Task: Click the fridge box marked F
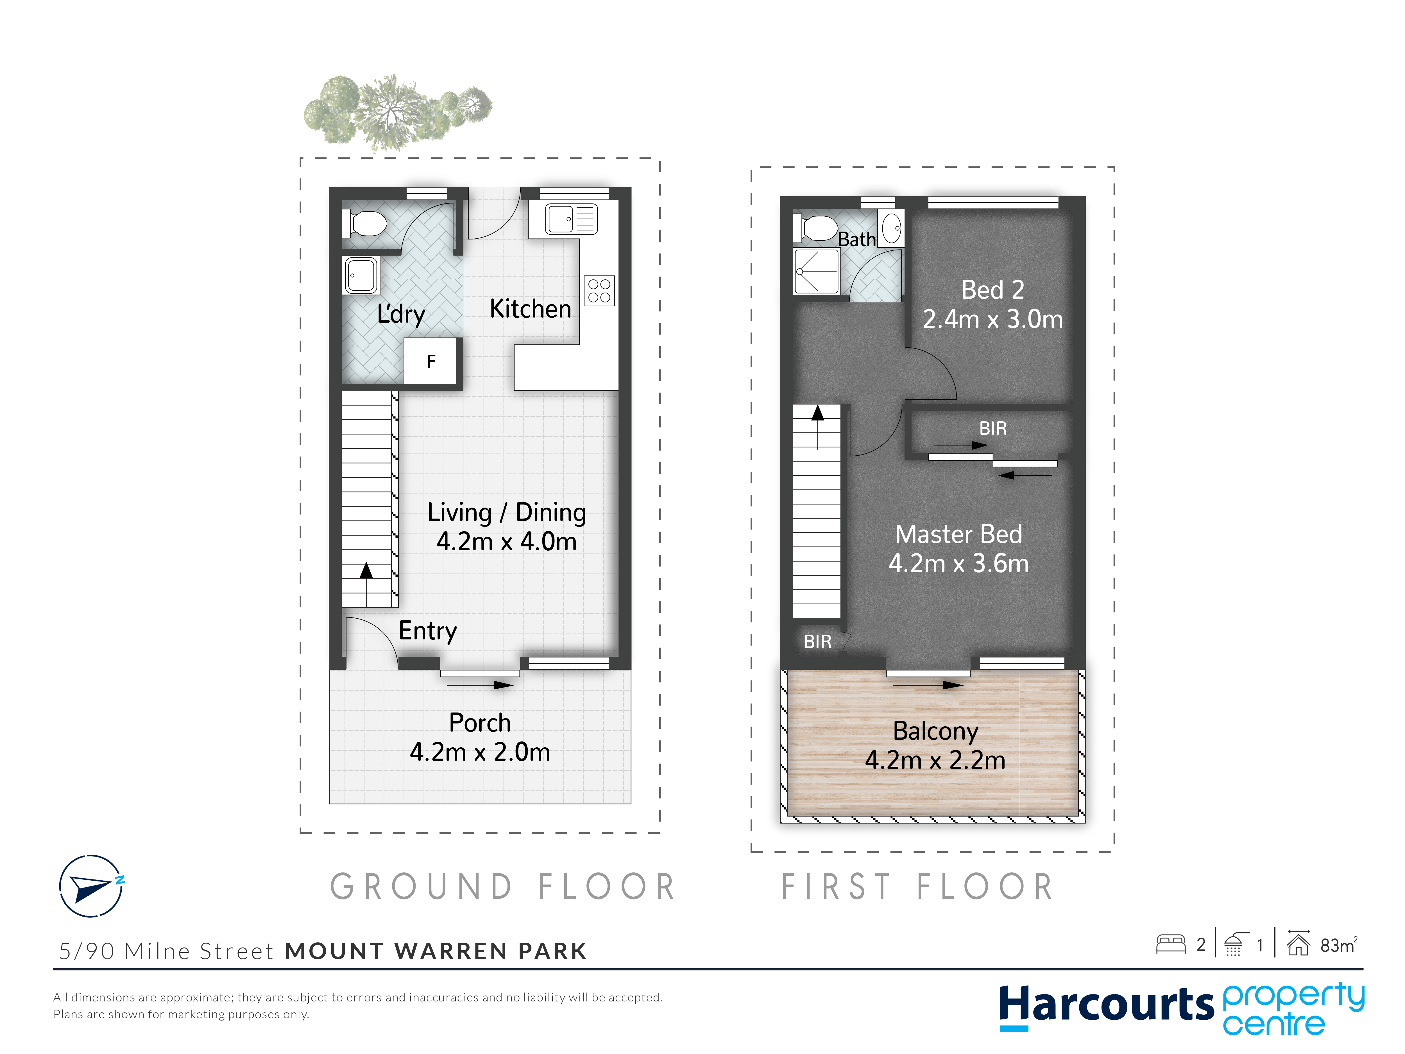pos(431,361)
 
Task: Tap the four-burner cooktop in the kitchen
pos(599,291)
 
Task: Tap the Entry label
pos(427,631)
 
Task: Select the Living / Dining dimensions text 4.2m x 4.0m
pos(506,541)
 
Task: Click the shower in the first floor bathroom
pos(816,271)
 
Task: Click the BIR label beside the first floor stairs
pos(817,642)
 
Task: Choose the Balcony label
pos(936,731)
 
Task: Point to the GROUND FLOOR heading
pos(503,887)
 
